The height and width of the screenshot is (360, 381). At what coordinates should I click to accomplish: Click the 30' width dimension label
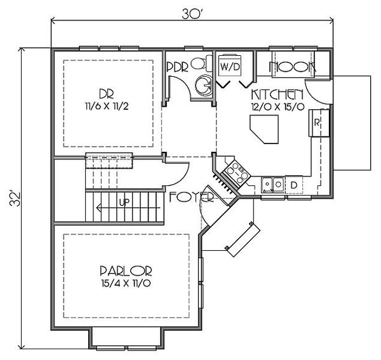(192, 15)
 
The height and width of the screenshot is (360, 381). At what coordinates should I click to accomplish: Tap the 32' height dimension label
(15, 199)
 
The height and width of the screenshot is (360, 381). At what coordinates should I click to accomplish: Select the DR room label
(107, 93)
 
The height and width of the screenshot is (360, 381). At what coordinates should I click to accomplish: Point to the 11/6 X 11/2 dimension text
(107, 106)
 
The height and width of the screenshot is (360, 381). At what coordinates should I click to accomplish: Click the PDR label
(178, 67)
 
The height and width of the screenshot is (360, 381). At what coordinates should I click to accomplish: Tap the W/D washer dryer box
(230, 67)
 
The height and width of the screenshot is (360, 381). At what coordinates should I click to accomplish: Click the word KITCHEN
(277, 95)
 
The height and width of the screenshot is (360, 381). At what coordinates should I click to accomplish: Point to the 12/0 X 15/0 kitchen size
(277, 107)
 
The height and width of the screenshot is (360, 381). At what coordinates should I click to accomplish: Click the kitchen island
(265, 130)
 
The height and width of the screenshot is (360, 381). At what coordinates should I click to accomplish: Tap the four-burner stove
(237, 173)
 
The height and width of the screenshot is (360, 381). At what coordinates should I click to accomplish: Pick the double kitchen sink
(272, 185)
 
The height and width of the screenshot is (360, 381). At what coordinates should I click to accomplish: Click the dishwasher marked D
(294, 185)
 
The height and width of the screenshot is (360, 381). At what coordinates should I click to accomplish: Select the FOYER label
(192, 197)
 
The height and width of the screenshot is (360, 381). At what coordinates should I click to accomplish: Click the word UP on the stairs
(124, 202)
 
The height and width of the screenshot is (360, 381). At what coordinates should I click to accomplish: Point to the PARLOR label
(126, 271)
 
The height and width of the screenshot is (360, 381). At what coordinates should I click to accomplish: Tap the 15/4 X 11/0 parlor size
(126, 283)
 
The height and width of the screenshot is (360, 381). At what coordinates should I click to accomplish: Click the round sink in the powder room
(204, 84)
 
